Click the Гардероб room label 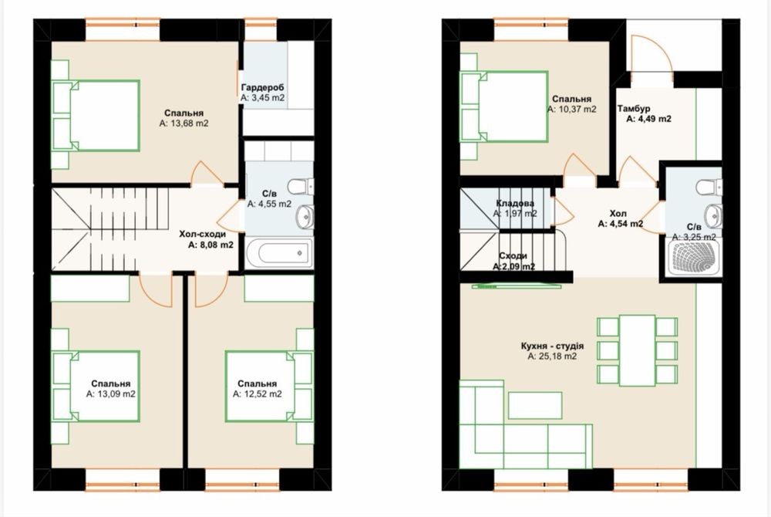[x=263, y=87]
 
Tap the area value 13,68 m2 [x=184, y=123]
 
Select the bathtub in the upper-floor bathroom [x=279, y=253]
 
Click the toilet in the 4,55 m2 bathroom [x=301, y=187]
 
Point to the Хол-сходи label [x=202, y=234]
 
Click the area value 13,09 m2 [x=110, y=394]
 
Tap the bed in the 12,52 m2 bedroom [x=269, y=386]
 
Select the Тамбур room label [x=634, y=108]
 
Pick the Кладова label [x=515, y=203]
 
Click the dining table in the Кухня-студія [x=638, y=350]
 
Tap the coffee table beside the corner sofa [x=535, y=405]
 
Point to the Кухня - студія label [x=552, y=346]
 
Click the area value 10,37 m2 [x=572, y=110]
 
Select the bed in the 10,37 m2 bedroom [x=504, y=106]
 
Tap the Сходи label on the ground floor [x=513, y=255]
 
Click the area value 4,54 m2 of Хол [x=621, y=224]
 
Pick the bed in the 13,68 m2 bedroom [x=96, y=116]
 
